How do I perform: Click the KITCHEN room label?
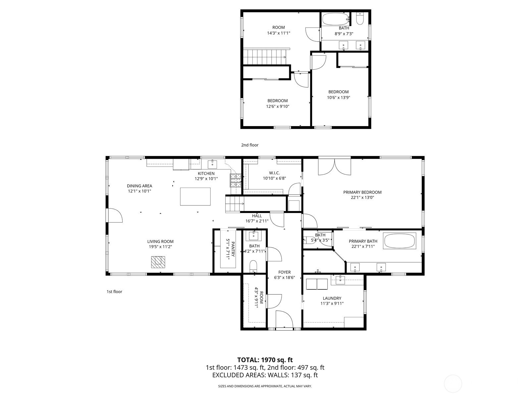206,174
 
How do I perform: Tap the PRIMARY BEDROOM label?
362,192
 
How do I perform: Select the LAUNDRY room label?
332,298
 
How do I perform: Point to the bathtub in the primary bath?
399,241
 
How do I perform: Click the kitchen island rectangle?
195,197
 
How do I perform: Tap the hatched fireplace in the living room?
158,262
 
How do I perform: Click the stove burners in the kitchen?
236,180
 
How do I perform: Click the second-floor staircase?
264,57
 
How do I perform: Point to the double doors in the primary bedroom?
335,167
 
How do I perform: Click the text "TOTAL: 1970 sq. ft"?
265,360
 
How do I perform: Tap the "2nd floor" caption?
250,145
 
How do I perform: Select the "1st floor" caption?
115,292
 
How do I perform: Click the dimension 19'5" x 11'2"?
160,246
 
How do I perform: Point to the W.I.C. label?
274,173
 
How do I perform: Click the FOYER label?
285,272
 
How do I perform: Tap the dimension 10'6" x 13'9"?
339,97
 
